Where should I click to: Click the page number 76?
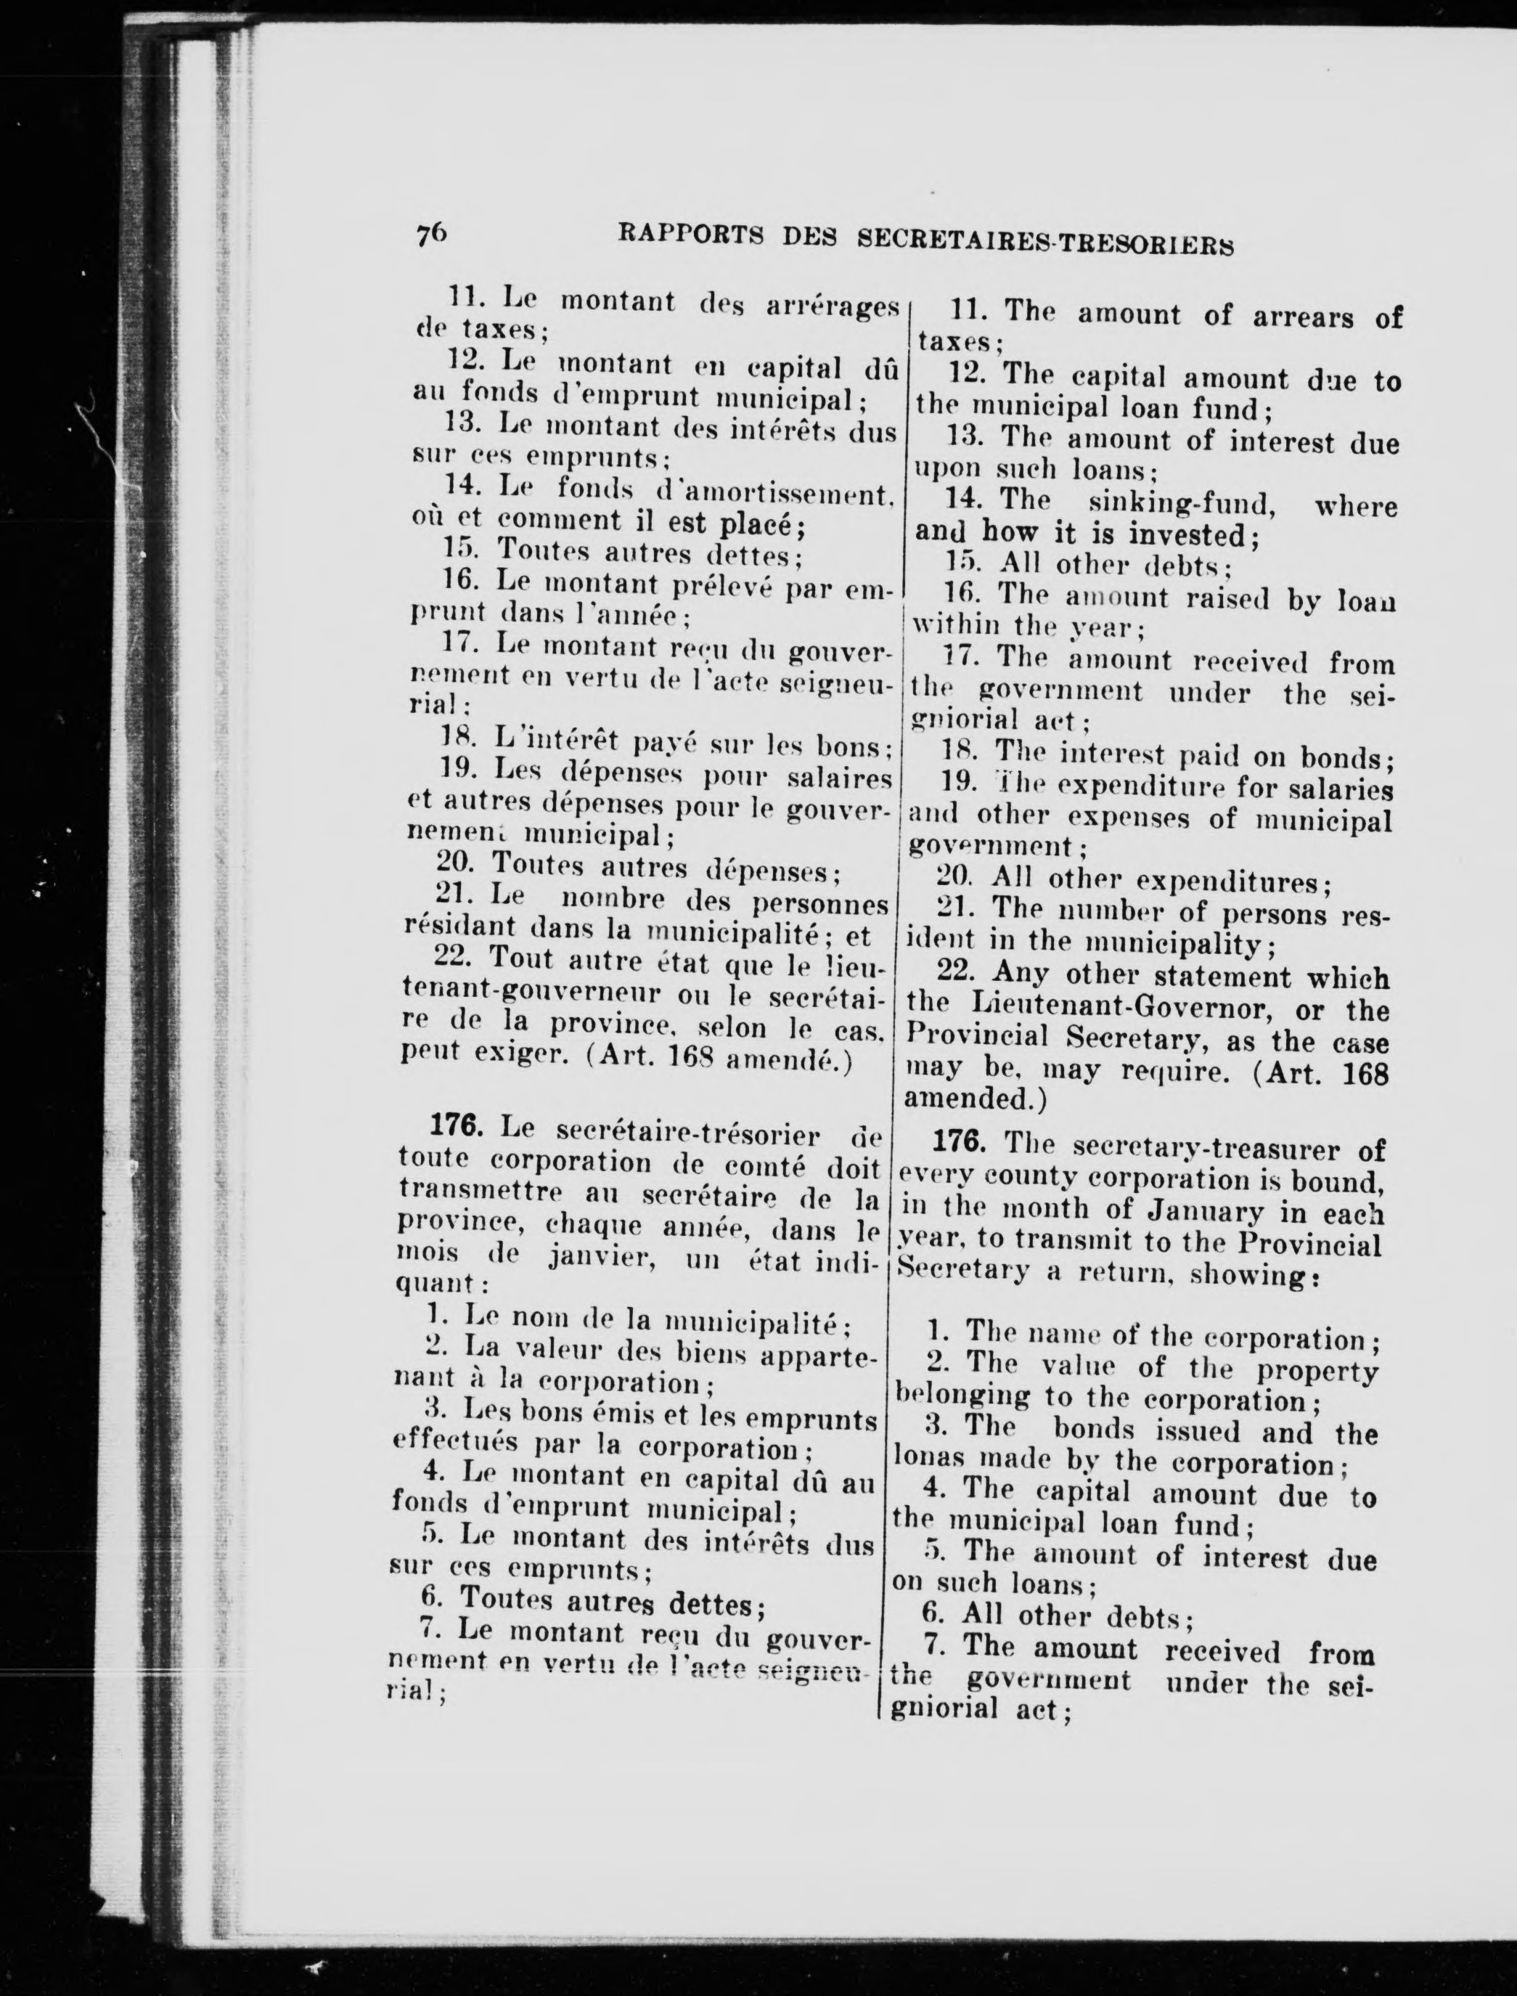coord(430,232)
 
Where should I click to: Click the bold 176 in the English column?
coord(959,1141)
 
